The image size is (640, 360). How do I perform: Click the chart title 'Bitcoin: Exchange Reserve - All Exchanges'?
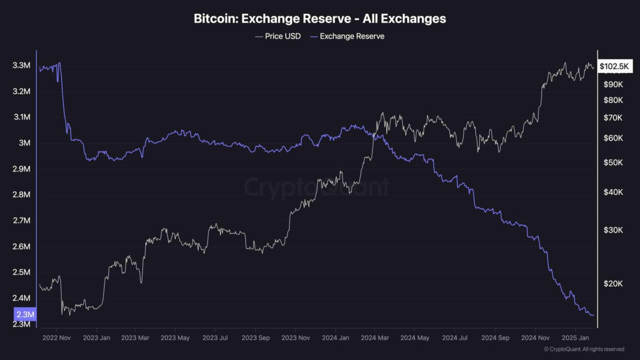point(319,19)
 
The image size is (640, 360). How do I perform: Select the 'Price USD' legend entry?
point(278,36)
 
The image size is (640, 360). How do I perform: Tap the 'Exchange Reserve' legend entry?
point(347,36)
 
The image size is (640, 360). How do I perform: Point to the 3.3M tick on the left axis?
point(21,66)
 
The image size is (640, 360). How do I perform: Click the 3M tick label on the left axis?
point(25,143)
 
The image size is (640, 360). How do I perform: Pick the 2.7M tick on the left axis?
point(21,220)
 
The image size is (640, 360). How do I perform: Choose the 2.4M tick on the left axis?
point(21,298)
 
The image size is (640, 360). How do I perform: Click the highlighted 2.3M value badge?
point(25,315)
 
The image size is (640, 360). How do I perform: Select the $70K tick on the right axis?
point(612,118)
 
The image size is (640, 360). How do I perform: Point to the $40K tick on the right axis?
point(612,192)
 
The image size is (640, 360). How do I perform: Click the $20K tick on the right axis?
point(612,284)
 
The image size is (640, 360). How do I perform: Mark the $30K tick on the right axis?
point(612,230)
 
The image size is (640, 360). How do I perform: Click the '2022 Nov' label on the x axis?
point(56,338)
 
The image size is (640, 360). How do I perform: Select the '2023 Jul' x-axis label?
point(216,338)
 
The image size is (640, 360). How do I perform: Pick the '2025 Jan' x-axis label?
point(576,338)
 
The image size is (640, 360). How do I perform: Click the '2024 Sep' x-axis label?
point(495,338)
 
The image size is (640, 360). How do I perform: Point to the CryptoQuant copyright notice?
point(584,349)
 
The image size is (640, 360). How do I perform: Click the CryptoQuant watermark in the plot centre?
point(317,187)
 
